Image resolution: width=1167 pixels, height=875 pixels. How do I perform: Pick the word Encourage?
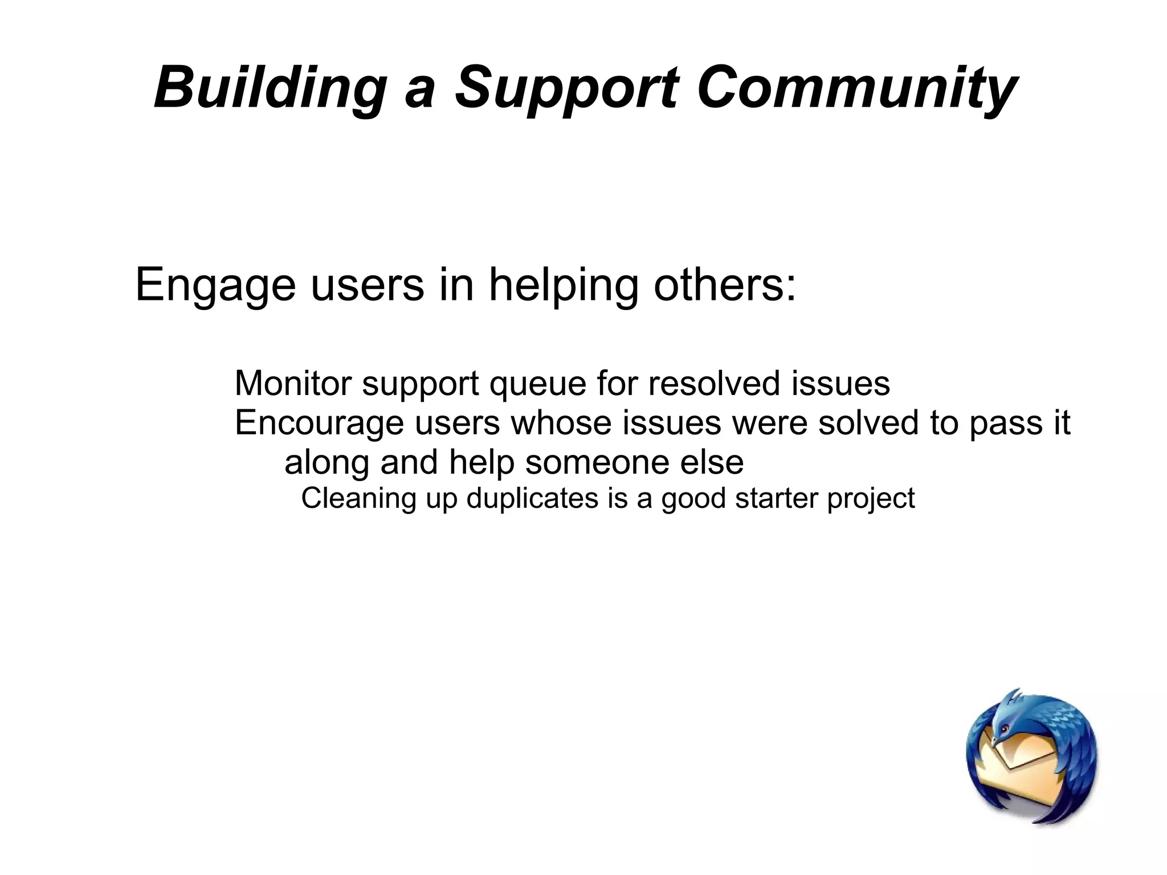pos(319,424)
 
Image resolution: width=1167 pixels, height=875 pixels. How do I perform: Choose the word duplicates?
pos(532,499)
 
